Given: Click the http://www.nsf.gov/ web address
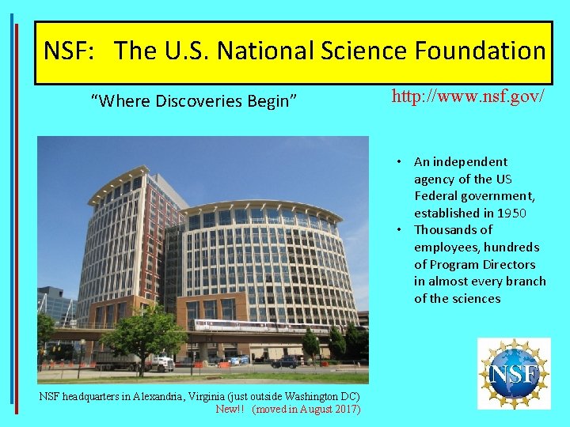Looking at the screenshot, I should click(468, 97).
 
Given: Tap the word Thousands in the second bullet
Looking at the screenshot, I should click(453, 230).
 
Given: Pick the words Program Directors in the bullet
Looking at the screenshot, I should click(482, 264).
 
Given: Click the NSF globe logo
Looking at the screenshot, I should click(514, 373).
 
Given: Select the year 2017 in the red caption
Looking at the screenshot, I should click(347, 409).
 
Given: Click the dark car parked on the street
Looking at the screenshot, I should click(284, 361).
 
